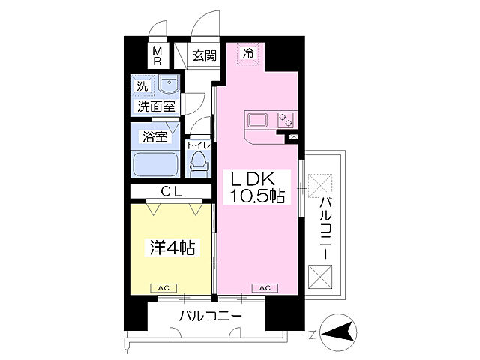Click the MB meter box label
coord(158,56)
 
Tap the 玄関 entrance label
coord(203,55)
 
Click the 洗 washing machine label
coord(142,85)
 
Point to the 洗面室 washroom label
coord(155,106)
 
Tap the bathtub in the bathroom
coord(154,164)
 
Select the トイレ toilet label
coord(199,145)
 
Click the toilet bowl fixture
coord(197,161)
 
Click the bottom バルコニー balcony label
coord(210,316)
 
